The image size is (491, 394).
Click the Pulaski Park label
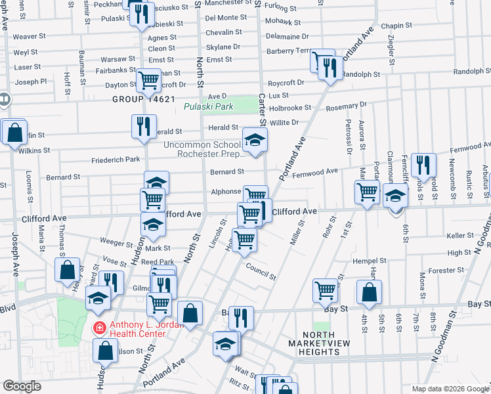pyautogui.click(x=208, y=106)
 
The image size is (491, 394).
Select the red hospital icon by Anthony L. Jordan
pyautogui.click(x=98, y=326)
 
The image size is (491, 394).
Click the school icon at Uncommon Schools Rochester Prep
pyautogui.click(x=255, y=139)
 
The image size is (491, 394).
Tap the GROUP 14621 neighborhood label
pyautogui.click(x=143, y=99)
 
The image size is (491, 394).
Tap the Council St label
pyautogui.click(x=261, y=271)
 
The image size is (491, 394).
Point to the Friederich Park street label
pyautogui.click(x=116, y=160)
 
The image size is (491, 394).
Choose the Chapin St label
pyautogui.click(x=396, y=25)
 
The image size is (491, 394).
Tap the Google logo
pyautogui.click(x=22, y=386)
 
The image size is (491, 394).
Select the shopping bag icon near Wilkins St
pyautogui.click(x=14, y=133)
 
